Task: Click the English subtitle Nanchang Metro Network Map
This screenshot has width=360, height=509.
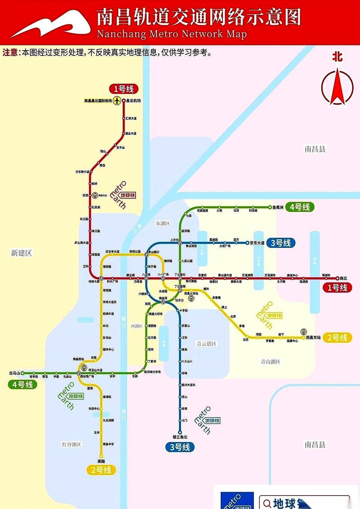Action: click(x=172, y=34)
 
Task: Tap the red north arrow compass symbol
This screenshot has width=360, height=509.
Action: click(x=337, y=87)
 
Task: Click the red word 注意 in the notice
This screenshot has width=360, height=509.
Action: click(x=10, y=53)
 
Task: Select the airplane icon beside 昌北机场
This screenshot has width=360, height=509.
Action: click(x=117, y=101)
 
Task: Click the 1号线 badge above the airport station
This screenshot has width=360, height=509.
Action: click(x=124, y=89)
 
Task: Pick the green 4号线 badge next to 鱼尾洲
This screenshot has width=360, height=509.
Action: click(x=300, y=207)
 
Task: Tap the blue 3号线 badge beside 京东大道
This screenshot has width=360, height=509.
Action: click(x=281, y=243)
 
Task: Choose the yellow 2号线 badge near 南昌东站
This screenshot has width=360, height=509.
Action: click(x=337, y=338)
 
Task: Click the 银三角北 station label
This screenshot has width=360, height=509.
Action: click(x=180, y=437)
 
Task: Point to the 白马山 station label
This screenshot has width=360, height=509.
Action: click(x=14, y=373)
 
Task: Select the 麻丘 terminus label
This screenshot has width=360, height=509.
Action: click(x=343, y=278)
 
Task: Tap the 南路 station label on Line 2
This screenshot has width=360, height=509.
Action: click(x=101, y=461)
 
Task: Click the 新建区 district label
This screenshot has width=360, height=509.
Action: click(x=21, y=253)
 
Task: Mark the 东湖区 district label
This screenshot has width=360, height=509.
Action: click(x=163, y=223)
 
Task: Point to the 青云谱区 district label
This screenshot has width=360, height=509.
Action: click(x=206, y=344)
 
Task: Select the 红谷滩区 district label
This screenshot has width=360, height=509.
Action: click(x=71, y=444)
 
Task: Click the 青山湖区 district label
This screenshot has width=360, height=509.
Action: click(x=271, y=362)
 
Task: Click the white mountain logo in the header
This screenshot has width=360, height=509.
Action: click(x=51, y=24)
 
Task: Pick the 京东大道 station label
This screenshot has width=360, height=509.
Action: click(x=257, y=243)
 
